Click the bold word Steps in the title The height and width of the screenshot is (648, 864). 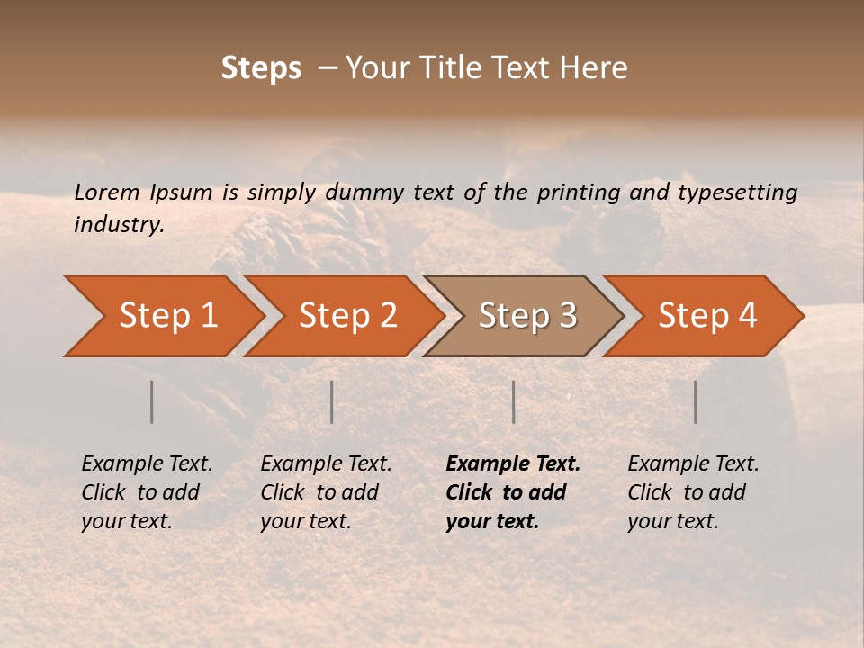tap(261, 68)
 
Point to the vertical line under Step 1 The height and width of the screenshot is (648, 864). tap(152, 401)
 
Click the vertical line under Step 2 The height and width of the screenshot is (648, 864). tap(332, 401)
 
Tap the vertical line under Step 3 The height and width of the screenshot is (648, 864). tap(513, 401)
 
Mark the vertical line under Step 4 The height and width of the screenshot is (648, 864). tap(695, 401)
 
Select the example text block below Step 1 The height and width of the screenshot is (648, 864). tap(147, 492)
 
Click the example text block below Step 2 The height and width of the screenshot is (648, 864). tap(326, 492)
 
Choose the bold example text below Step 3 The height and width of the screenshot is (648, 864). tap(513, 492)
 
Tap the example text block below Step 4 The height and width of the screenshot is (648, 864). tap(693, 492)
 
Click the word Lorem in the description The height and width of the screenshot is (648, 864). tap(106, 193)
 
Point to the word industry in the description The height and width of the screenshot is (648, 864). tap(118, 225)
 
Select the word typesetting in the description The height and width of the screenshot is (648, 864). tap(737, 193)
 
